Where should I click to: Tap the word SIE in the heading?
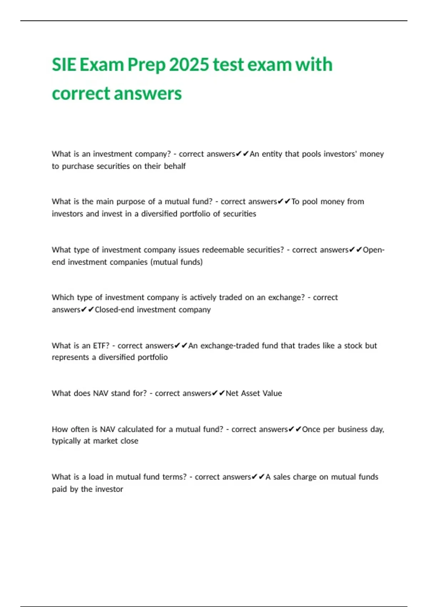[64, 65]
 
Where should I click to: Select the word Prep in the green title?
[147, 65]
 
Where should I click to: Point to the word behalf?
[175, 166]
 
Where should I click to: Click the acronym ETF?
[101, 346]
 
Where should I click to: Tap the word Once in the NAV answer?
[311, 429]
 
